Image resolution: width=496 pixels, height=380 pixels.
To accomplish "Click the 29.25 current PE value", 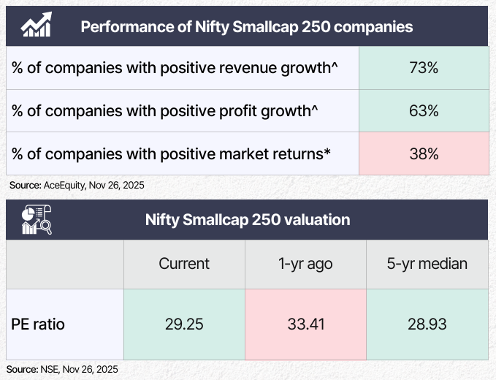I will point(183,323).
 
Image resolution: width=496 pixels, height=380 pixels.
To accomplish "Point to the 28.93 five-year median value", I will point(427,323).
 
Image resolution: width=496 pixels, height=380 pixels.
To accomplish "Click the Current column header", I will point(183,263).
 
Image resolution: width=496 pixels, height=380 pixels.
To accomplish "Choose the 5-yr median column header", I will point(427,263).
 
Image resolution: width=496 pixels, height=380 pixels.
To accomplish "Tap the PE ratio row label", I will point(38,323).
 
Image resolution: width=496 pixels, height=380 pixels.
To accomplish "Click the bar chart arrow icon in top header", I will point(36,26).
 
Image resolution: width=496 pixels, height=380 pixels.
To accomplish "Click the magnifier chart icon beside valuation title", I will point(36,218).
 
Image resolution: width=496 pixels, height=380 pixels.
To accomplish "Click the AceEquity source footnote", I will point(77,185).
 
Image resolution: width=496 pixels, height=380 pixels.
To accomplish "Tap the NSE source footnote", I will point(63,369).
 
